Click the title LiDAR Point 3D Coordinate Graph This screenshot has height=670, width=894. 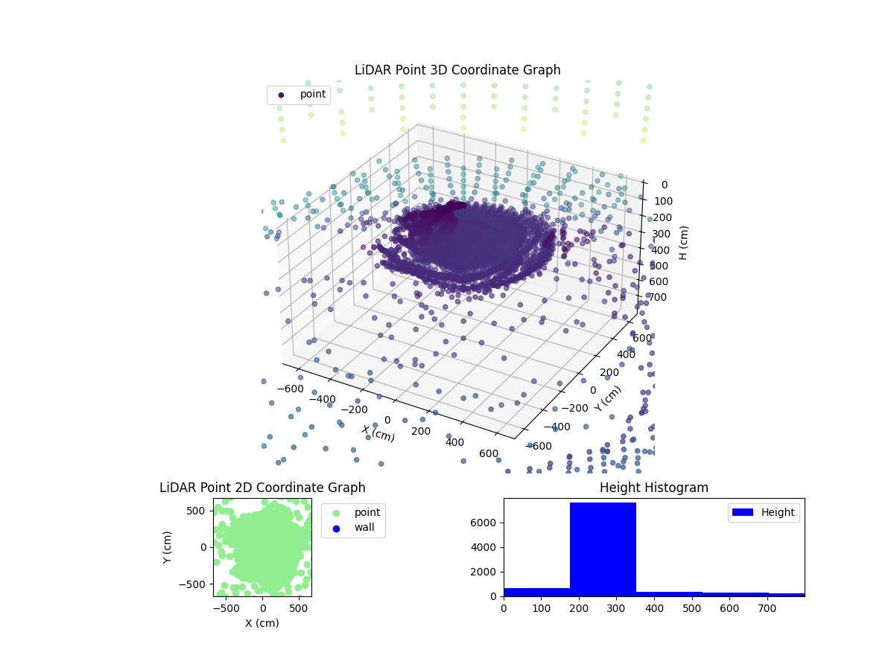point(457,70)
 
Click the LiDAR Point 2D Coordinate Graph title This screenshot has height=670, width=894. point(262,488)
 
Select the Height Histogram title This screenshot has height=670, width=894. point(653,488)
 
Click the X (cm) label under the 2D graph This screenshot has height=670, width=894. point(262,623)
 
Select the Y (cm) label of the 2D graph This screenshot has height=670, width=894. point(168,547)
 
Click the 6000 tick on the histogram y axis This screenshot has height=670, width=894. point(484,523)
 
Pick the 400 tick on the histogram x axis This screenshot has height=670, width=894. point(654,608)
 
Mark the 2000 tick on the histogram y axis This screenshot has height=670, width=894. point(484,572)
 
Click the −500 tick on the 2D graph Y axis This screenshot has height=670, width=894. point(197,584)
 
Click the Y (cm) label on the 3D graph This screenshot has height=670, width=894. point(607,398)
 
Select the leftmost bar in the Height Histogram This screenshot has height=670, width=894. point(536,592)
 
